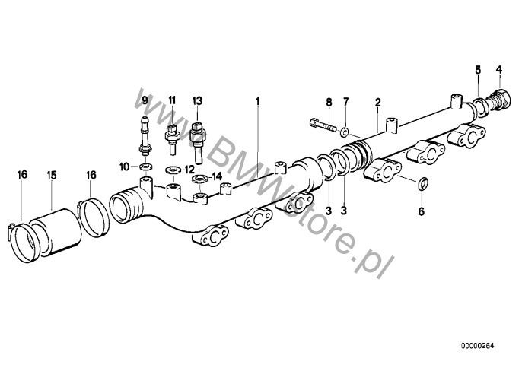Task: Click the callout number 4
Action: [x=498, y=70]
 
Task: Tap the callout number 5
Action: [x=478, y=70]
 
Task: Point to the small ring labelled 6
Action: [x=422, y=184]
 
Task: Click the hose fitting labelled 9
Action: [x=145, y=136]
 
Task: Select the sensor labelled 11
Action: [x=172, y=140]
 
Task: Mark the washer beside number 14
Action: [x=199, y=179]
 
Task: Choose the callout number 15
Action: [x=52, y=175]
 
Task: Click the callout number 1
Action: [x=257, y=101]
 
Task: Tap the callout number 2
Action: [x=378, y=102]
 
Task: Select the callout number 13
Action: [x=197, y=100]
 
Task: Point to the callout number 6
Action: [x=422, y=211]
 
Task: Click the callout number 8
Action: [x=329, y=102]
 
